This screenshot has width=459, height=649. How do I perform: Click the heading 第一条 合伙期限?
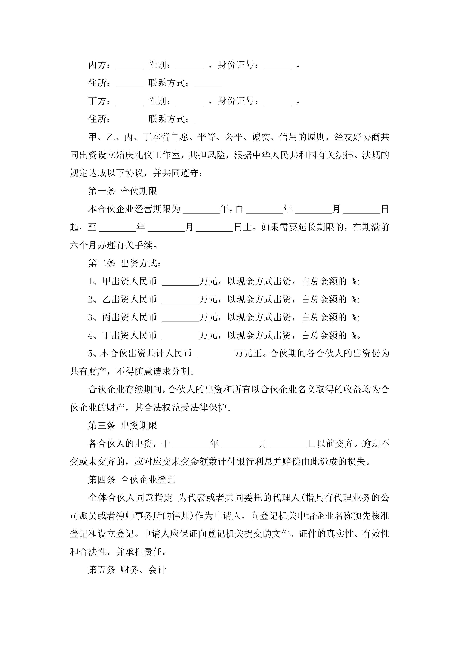point(123,191)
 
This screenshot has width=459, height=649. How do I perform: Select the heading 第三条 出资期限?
point(123,426)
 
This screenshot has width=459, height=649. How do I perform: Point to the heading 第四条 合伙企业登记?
point(132,480)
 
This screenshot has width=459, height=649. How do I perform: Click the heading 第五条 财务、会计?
point(127,570)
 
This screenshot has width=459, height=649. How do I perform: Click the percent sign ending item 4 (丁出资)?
point(354,336)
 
